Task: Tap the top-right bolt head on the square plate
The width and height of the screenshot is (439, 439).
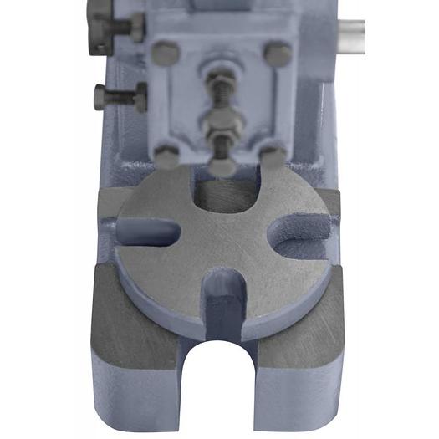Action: coord(278,55)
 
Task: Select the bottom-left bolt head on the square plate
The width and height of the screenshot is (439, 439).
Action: coord(167,156)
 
